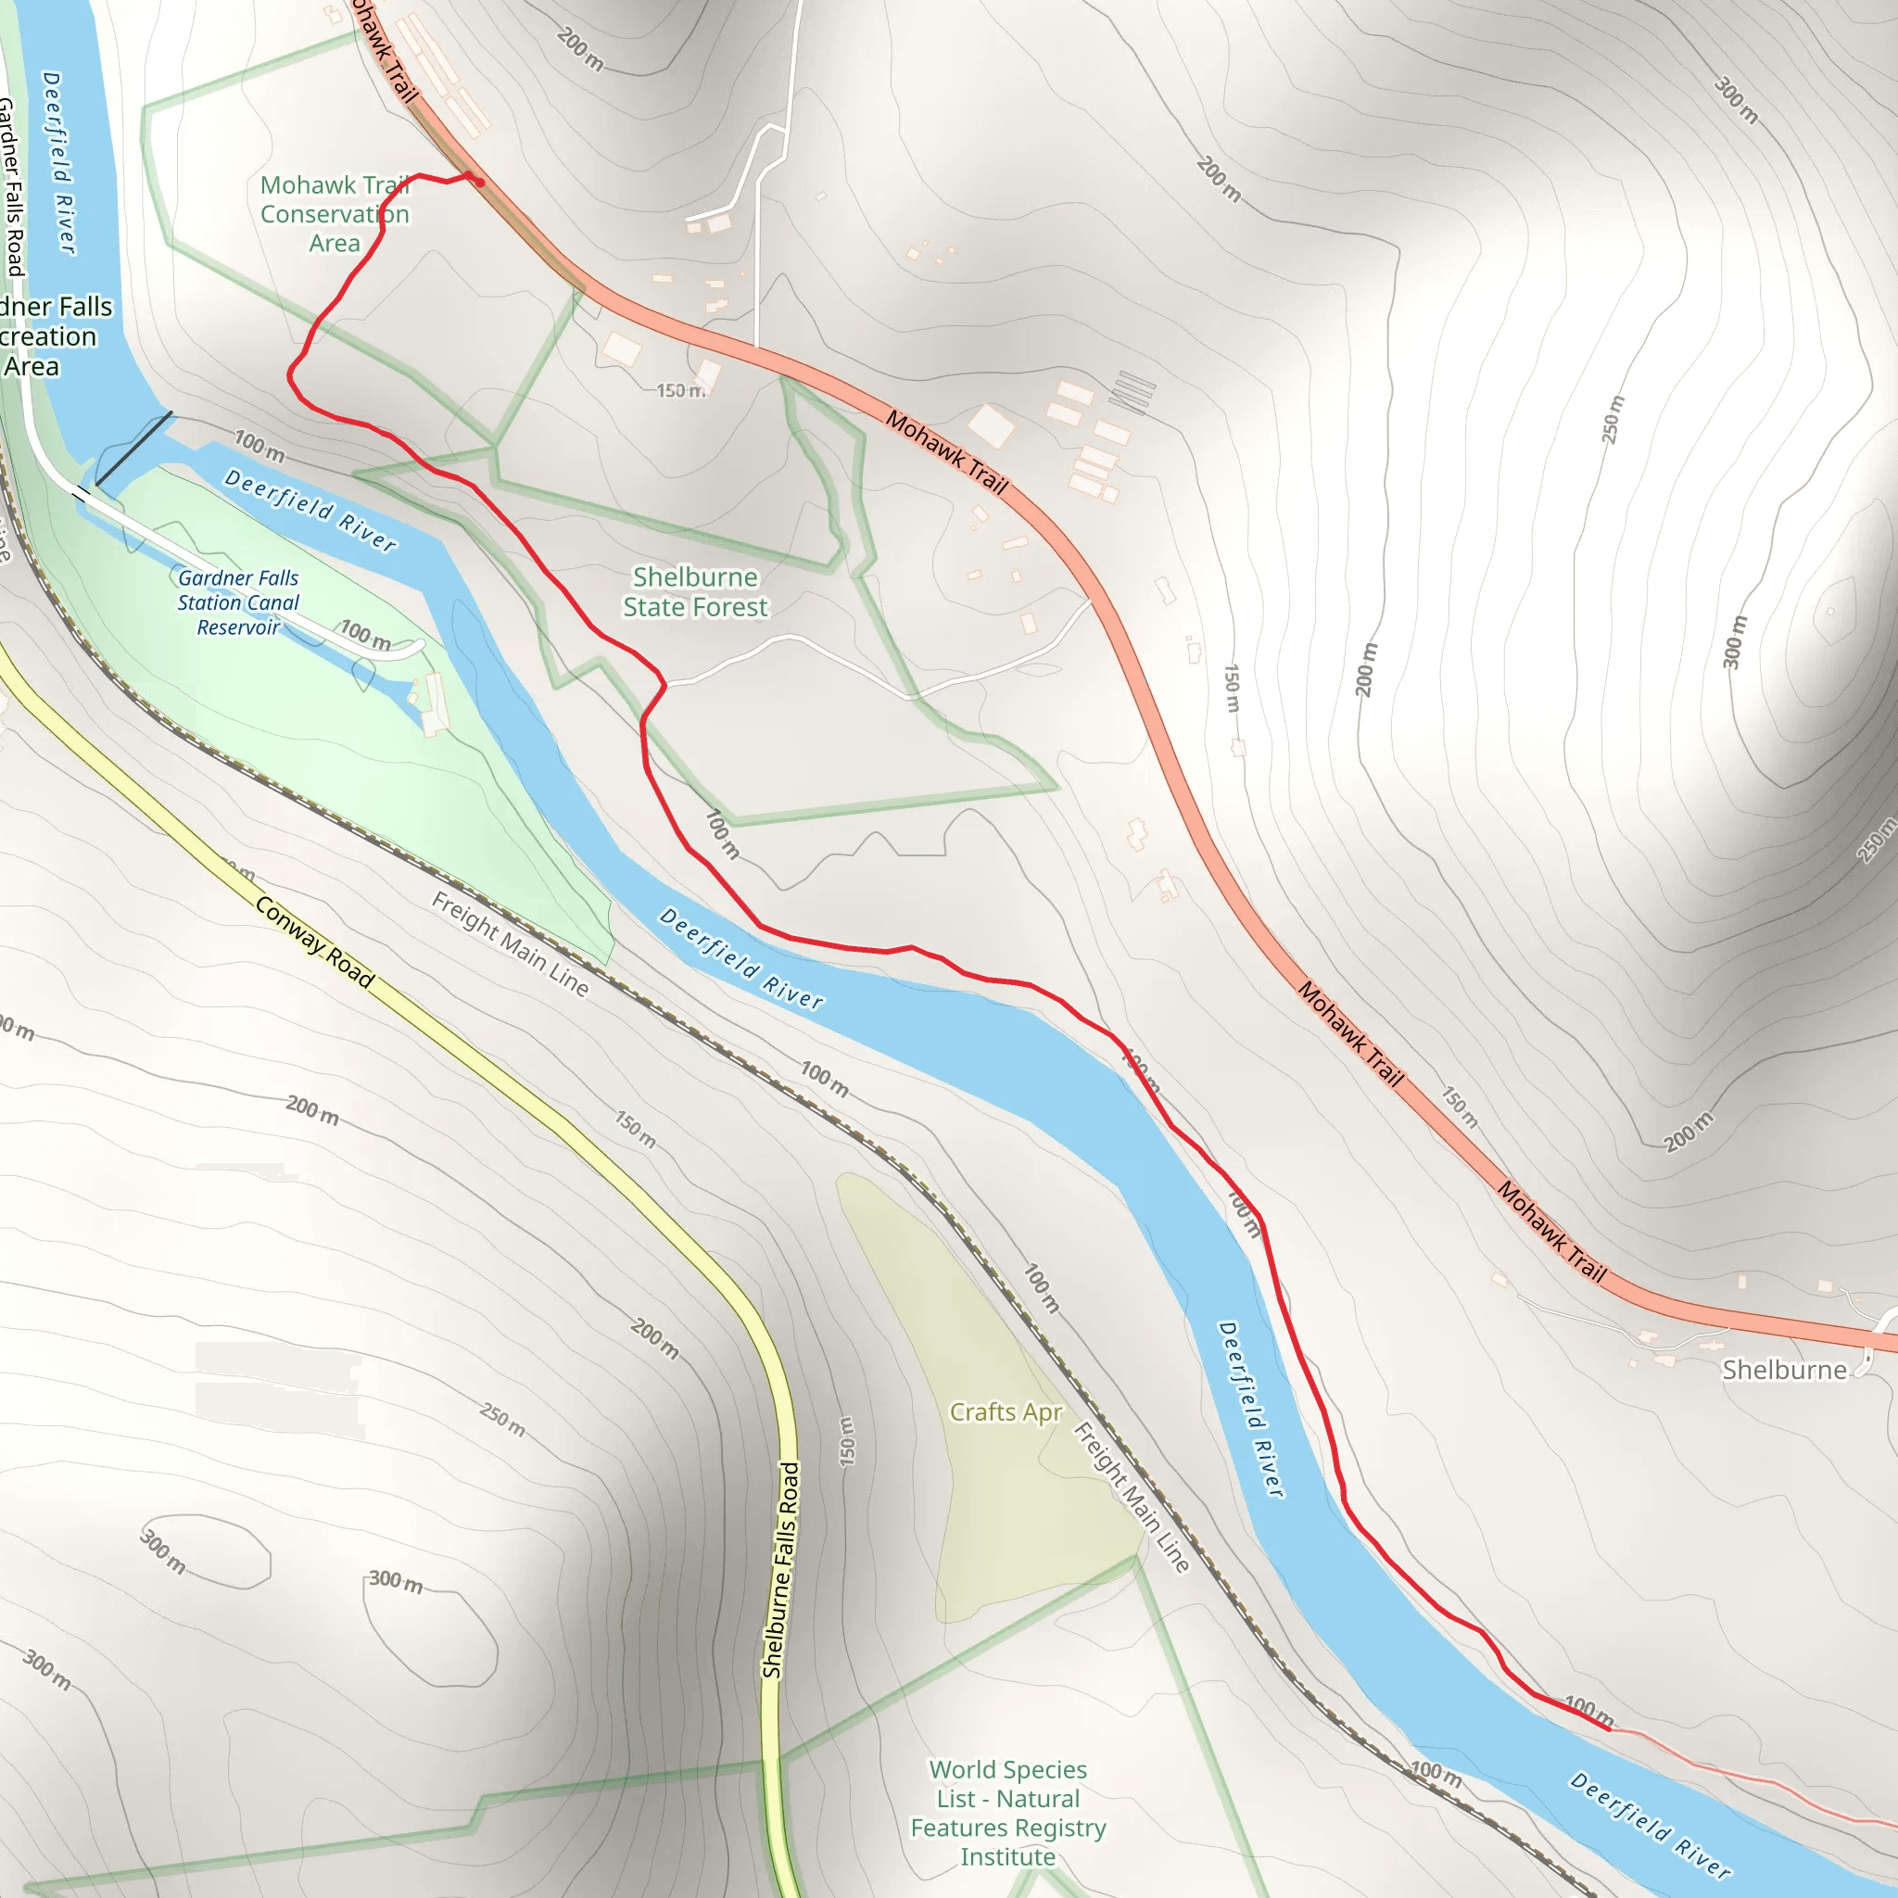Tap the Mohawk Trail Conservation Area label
tap(334, 213)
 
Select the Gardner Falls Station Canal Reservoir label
tap(238, 602)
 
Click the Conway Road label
tap(314, 942)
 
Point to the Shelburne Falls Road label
tap(781, 1570)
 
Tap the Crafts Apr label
tap(1005, 1411)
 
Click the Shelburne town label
tap(1784, 1370)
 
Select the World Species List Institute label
tap(1007, 1813)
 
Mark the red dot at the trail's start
tap(479, 182)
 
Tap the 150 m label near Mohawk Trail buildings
tap(680, 390)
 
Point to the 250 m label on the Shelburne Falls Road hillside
tap(502, 1420)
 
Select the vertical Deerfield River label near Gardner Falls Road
tap(59, 162)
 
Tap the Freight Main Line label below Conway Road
tap(510, 943)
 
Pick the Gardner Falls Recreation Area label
tap(49, 336)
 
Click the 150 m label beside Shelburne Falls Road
tap(847, 1441)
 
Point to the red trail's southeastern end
tap(1609, 1728)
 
